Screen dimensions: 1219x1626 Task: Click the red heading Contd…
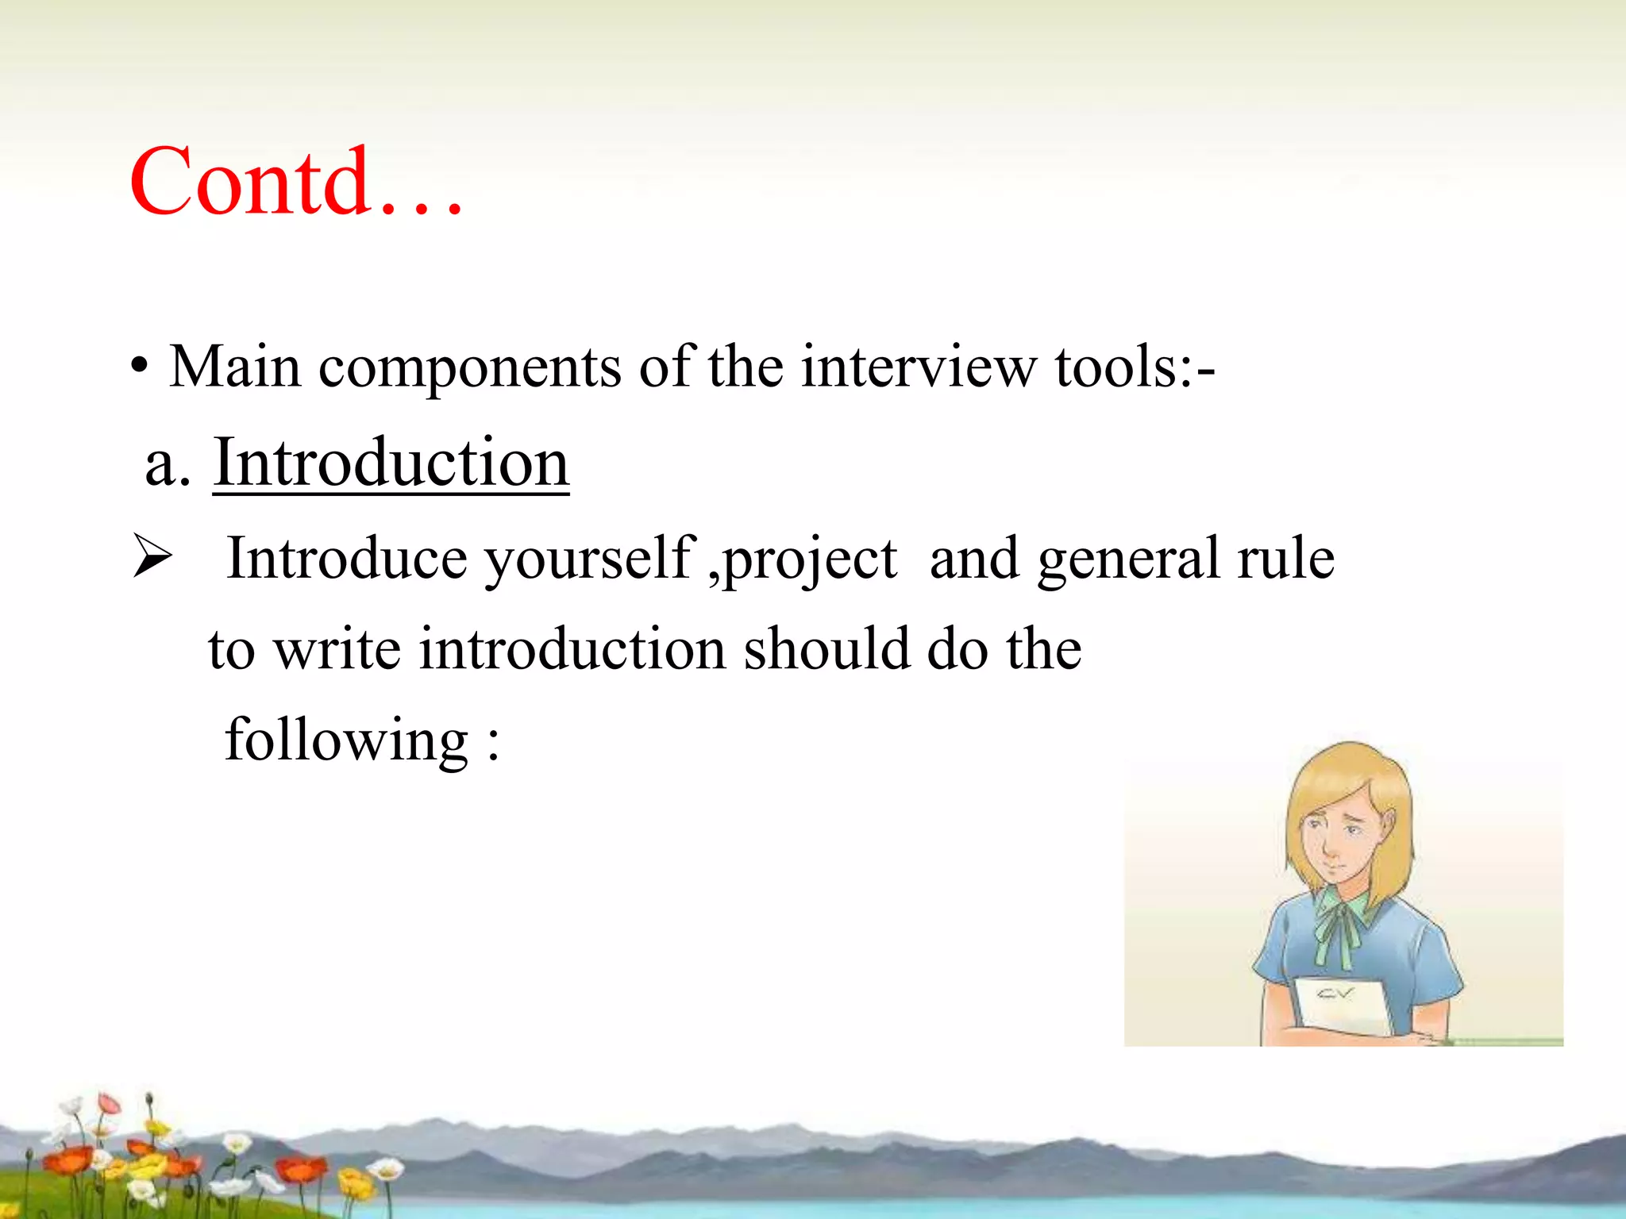(295, 183)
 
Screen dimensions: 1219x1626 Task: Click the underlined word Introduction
(391, 463)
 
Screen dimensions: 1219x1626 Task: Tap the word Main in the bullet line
(235, 367)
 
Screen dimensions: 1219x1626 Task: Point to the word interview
(919, 367)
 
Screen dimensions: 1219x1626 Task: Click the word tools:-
(1135, 367)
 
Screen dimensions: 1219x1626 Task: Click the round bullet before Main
(140, 369)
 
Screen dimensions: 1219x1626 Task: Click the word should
(826, 649)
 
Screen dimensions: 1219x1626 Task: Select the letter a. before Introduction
(168, 465)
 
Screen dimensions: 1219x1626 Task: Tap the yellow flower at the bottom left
(355, 1182)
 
